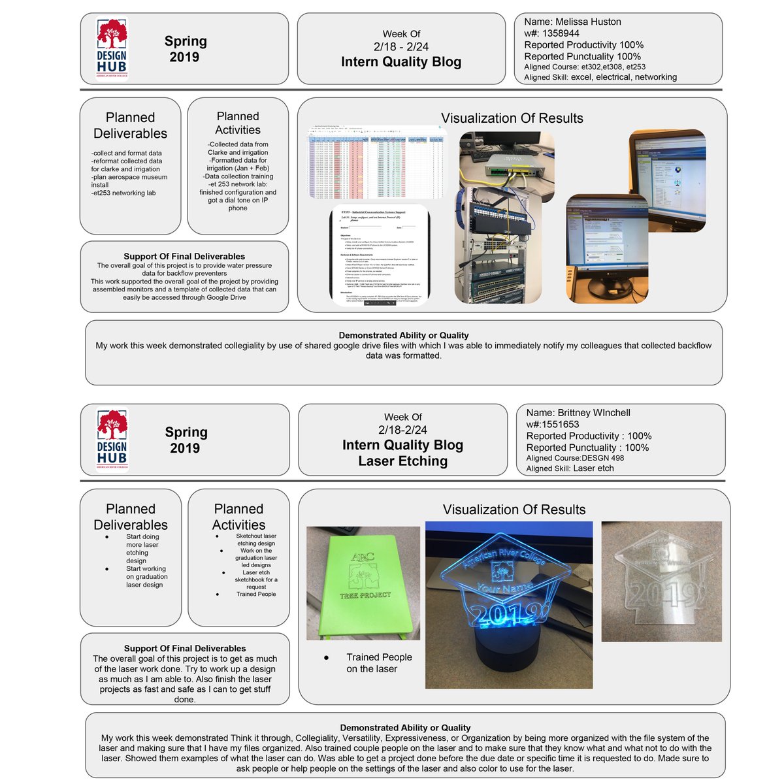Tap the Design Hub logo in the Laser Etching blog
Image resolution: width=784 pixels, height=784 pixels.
[x=112, y=439]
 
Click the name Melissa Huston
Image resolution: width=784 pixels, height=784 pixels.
[x=573, y=22]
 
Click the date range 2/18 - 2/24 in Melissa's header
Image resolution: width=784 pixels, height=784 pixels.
[x=401, y=47]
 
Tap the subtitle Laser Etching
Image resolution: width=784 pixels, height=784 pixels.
[x=402, y=461]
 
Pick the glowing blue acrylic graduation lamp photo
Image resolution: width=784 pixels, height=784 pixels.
[x=509, y=604]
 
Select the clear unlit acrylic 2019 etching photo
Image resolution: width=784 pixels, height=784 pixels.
[x=661, y=581]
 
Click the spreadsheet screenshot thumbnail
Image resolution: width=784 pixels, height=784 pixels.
[x=378, y=163]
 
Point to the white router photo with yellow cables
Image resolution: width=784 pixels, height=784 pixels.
[x=507, y=157]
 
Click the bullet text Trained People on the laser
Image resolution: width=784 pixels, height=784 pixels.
[x=379, y=663]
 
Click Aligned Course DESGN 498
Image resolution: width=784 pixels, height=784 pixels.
[x=575, y=458]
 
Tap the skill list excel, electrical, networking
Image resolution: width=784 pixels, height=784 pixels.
[x=623, y=77]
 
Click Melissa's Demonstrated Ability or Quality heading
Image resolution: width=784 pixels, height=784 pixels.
[x=403, y=335]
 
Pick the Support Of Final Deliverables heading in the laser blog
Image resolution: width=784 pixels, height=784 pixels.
[x=185, y=649]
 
